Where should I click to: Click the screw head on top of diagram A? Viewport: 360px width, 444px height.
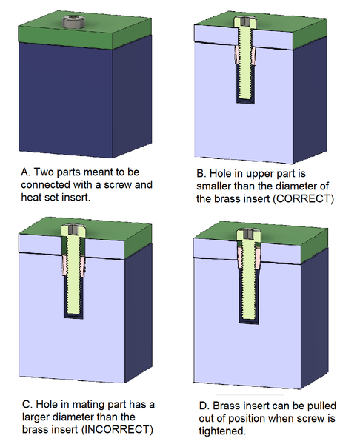73,22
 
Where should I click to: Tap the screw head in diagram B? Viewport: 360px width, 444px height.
245,21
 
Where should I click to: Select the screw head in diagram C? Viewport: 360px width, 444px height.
73,229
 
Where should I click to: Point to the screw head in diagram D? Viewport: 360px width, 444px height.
249,234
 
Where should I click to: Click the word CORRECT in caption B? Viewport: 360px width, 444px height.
303,198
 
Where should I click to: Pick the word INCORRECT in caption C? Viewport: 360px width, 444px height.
117,429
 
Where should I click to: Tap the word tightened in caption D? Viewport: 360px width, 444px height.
221,431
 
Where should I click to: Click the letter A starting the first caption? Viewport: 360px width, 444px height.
25,172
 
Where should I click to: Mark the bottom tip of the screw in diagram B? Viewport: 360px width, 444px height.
245,99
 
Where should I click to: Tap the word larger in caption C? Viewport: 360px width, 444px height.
36,417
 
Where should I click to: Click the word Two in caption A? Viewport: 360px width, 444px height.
44,172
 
